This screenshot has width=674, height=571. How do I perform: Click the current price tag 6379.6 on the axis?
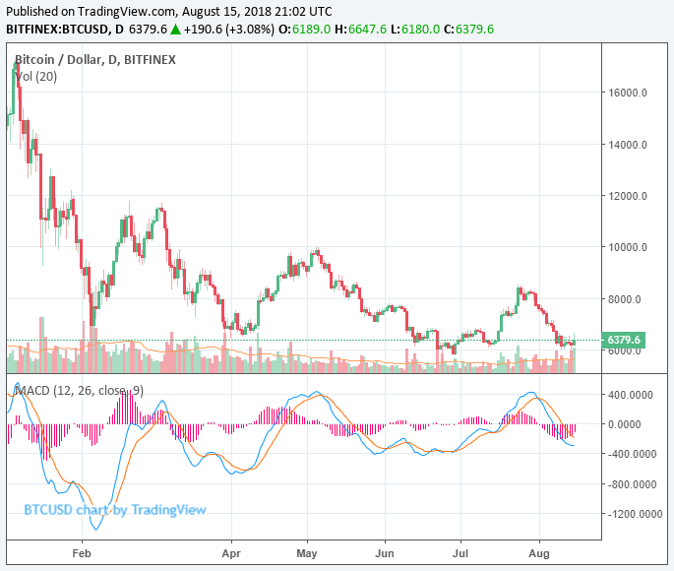point(624,341)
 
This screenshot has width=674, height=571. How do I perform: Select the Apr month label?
point(232,555)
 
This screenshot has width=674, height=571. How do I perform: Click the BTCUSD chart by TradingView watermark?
point(114,509)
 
